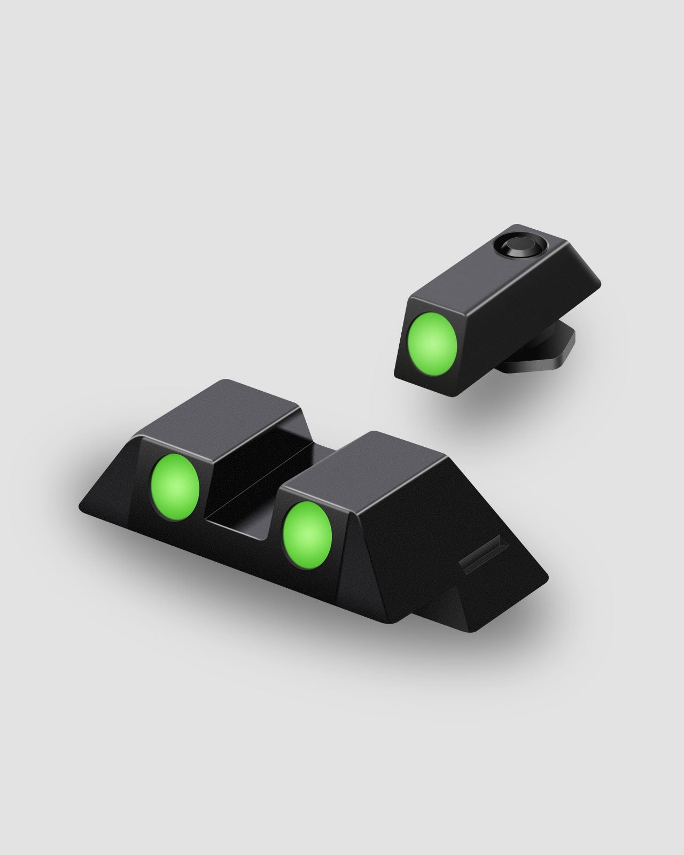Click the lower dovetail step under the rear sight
tap(454, 609)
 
